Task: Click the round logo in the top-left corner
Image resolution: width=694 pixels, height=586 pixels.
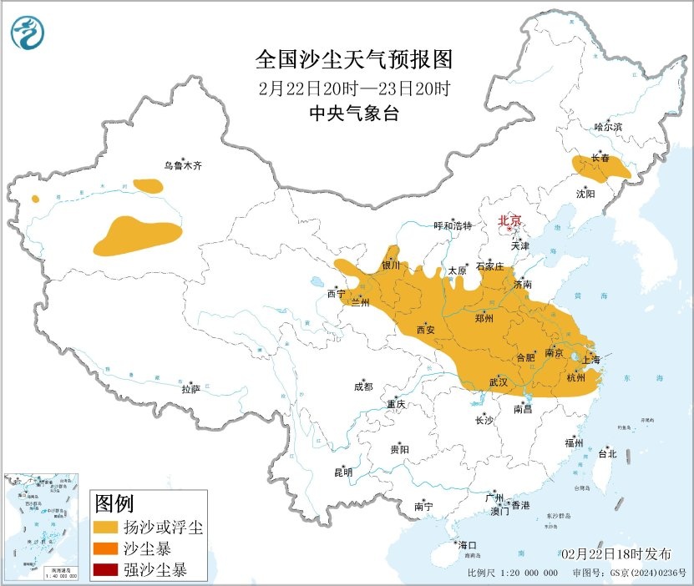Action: [28, 33]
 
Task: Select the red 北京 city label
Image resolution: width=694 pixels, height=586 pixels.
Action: [509, 220]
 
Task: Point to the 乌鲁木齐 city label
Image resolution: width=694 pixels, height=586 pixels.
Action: [182, 166]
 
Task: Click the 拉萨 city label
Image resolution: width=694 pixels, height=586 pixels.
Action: [190, 389]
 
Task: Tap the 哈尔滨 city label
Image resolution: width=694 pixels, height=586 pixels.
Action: [608, 127]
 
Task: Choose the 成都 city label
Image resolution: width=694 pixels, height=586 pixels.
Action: [363, 386]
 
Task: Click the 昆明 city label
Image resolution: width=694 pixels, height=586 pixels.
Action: [343, 472]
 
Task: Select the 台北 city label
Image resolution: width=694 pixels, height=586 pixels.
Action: [607, 454]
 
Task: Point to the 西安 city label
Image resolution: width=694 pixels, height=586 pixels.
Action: [425, 330]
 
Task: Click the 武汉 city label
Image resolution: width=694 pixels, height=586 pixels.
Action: [499, 382]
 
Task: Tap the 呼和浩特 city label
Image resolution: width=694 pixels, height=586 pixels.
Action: [453, 226]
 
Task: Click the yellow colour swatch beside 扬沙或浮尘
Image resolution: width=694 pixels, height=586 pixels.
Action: [105, 528]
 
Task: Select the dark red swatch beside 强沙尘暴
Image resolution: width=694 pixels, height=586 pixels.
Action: [105, 571]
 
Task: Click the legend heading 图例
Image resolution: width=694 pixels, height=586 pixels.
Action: [114, 503]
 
